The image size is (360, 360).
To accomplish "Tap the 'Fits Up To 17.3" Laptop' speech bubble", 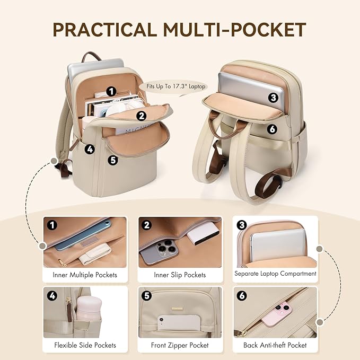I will (x=172, y=86).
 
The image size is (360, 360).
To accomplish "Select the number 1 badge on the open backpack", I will (x=111, y=91).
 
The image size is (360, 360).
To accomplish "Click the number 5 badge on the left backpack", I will (x=112, y=159).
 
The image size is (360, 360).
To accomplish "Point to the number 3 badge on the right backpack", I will (x=273, y=97).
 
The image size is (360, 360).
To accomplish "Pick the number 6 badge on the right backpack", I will (x=272, y=129).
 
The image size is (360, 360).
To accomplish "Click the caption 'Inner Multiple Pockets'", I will (x=85, y=275).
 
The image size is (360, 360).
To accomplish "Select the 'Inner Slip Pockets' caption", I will (x=180, y=275).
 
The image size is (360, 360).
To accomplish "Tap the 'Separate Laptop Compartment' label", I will (x=275, y=274).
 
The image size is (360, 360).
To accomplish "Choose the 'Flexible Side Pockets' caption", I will (x=85, y=345).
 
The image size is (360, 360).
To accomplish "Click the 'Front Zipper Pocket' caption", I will (x=180, y=345).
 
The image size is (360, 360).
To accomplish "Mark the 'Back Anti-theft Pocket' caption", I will (x=275, y=345).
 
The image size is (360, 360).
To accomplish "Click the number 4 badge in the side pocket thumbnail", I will (x=51, y=296).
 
